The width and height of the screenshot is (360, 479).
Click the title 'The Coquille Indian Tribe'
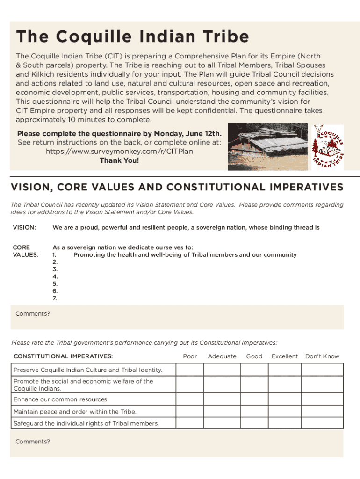click(x=132, y=37)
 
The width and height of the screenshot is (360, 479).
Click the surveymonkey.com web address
click(x=119, y=152)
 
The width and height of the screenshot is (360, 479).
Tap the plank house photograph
click(x=268, y=147)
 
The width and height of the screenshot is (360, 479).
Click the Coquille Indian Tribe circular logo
click(x=328, y=147)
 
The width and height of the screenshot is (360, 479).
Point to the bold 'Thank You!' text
click(x=119, y=160)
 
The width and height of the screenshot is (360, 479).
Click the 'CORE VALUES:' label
click(x=25, y=251)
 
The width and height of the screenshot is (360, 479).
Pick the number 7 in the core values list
click(x=55, y=298)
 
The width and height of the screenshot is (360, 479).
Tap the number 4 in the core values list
click(x=55, y=276)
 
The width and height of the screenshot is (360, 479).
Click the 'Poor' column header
click(x=190, y=356)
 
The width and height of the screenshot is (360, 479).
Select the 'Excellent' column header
click(x=284, y=356)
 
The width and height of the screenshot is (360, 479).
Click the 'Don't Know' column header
click(x=322, y=356)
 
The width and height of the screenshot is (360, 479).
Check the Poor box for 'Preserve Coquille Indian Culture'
click(x=190, y=370)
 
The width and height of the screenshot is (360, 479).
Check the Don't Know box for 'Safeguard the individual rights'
click(x=322, y=423)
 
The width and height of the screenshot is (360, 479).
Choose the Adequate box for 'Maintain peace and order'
click(x=222, y=412)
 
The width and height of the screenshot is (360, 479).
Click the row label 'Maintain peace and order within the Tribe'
click(x=75, y=412)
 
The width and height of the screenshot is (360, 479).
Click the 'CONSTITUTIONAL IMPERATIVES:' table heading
click(x=63, y=356)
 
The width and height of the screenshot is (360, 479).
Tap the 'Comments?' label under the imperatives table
click(x=33, y=442)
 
